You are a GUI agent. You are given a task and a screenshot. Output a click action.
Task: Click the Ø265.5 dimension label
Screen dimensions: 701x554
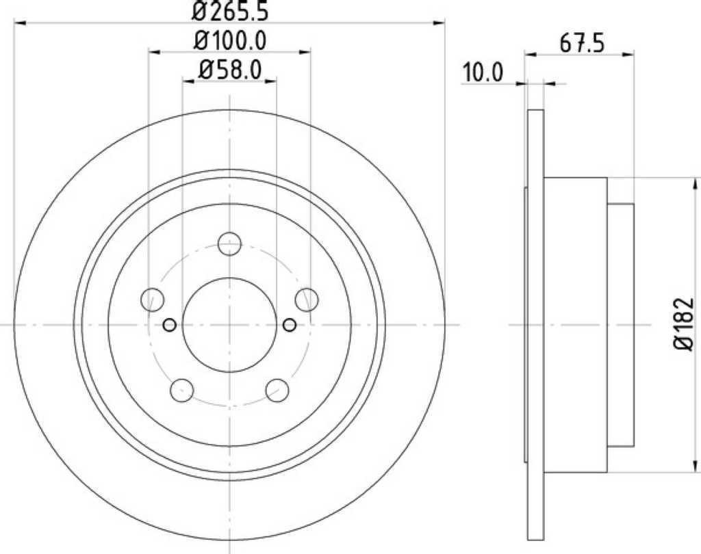click(x=230, y=11)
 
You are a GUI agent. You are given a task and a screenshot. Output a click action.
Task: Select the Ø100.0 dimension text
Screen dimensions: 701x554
click(x=230, y=41)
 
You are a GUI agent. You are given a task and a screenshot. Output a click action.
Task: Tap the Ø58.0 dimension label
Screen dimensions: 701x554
click(x=229, y=70)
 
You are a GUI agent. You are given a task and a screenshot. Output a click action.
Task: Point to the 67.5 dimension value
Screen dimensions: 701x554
click(x=582, y=44)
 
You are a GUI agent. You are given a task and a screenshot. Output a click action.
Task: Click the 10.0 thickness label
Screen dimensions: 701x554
click(x=483, y=72)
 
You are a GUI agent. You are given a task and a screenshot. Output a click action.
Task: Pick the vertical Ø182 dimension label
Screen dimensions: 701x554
click(x=684, y=324)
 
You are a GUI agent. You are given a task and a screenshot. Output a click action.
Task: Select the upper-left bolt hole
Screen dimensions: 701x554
click(x=152, y=300)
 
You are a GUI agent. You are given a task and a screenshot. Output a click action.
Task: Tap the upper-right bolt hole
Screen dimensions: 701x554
click(x=307, y=300)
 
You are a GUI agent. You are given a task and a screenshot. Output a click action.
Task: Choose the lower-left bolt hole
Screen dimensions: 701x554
click(x=182, y=390)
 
